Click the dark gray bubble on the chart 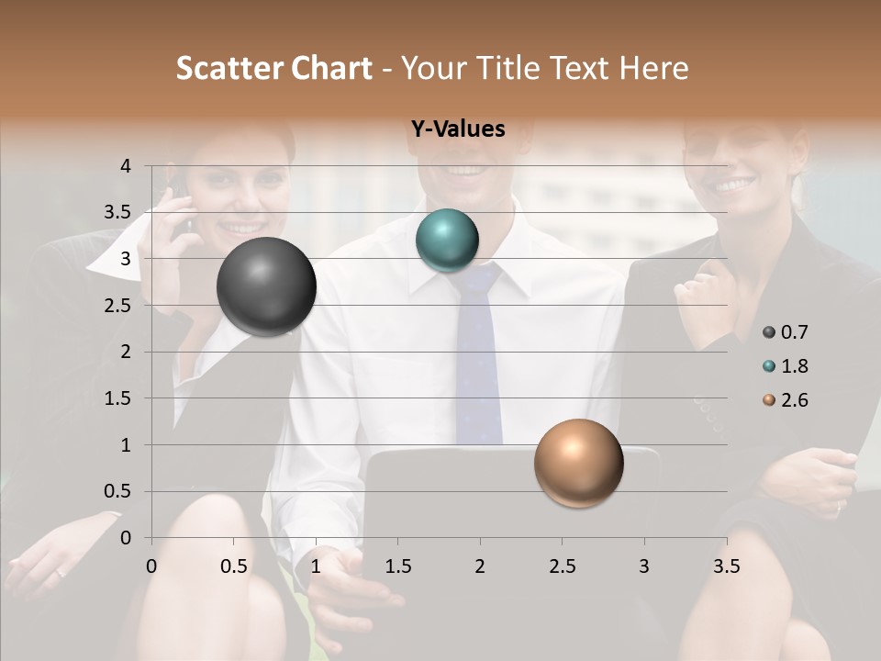point(266,286)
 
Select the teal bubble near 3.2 point(447,241)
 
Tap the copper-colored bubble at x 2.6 point(578,463)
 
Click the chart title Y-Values point(458,129)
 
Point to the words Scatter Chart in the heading point(274,68)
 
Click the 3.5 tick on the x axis point(726,566)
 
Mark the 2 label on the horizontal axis point(480,566)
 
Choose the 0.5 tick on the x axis point(234,566)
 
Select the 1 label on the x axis point(316,566)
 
